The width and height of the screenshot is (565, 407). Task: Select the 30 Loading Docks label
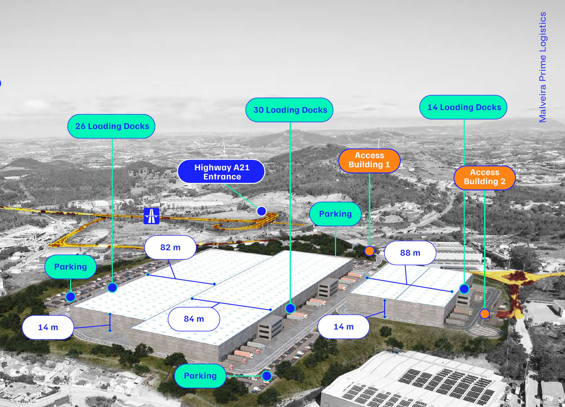(290, 110)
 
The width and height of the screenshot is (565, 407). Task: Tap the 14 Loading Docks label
(463, 107)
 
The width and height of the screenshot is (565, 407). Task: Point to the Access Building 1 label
(369, 160)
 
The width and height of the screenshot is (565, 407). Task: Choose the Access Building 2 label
(484, 177)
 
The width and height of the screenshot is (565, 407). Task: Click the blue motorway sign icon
(151, 216)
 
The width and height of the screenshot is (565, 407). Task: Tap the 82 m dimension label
(170, 248)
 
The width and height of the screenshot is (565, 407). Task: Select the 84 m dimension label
(194, 319)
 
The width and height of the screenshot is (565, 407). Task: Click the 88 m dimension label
(410, 253)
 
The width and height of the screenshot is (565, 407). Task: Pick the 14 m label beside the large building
(48, 327)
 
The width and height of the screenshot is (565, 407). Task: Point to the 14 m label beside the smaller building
(343, 327)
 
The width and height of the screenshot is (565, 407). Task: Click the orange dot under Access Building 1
(369, 251)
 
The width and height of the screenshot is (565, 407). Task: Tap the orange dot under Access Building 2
(485, 314)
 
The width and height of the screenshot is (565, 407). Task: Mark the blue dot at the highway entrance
(261, 211)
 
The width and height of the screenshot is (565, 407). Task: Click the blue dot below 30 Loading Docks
(290, 308)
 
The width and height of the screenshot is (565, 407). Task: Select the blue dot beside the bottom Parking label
(267, 376)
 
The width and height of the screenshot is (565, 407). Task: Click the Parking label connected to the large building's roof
(335, 214)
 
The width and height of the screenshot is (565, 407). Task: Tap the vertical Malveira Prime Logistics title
(543, 67)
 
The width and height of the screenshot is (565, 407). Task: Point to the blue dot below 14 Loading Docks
(464, 289)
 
